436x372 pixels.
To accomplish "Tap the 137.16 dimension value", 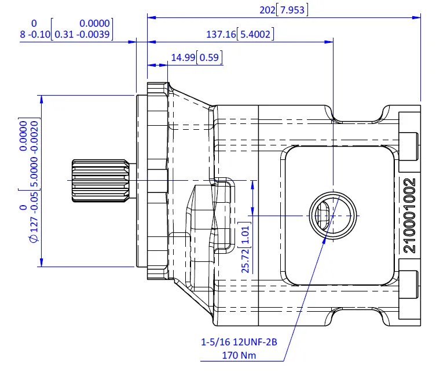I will point(221,34).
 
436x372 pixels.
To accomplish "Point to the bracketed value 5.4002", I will point(255,34).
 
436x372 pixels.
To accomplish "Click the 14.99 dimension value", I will point(183,57).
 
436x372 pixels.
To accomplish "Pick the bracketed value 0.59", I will point(210,57).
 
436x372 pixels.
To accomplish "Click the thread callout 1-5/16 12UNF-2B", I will point(239,342).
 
